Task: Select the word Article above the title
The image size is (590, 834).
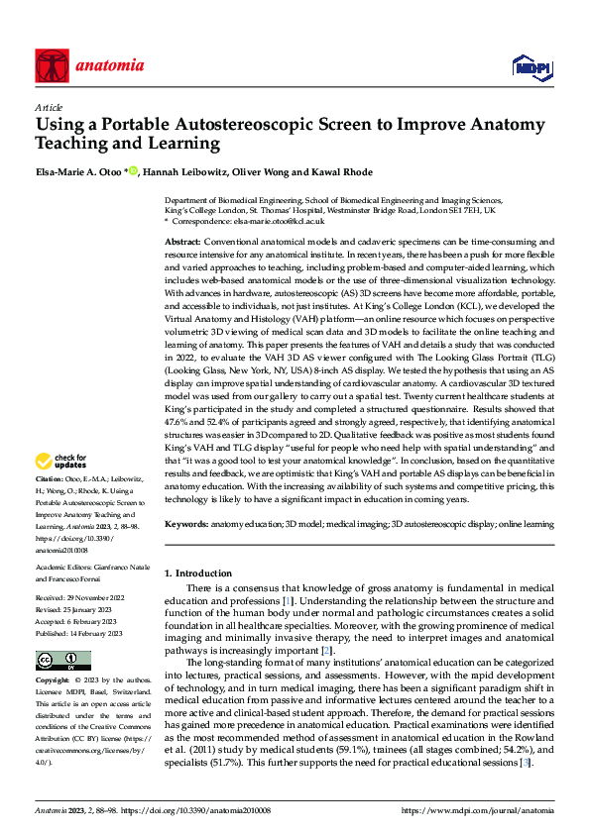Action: (49, 107)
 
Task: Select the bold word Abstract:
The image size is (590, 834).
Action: (182, 242)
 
